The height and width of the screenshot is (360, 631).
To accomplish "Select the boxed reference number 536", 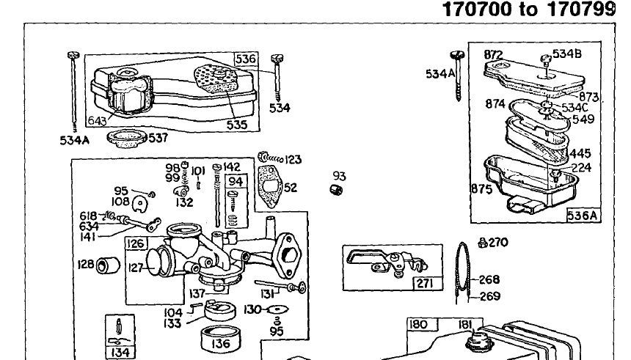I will [x=245, y=59].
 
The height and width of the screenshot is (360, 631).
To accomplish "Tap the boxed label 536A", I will [x=583, y=215].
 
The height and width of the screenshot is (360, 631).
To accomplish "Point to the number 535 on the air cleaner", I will [x=236, y=125].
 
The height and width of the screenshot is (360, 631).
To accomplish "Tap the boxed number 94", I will [x=236, y=181].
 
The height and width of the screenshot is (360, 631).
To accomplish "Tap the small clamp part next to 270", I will [x=482, y=243].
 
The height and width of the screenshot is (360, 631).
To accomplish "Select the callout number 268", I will [x=489, y=279].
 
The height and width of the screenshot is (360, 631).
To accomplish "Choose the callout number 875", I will [x=481, y=188].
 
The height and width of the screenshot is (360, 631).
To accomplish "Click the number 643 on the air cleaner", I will [x=97, y=120].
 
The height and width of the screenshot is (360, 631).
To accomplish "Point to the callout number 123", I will [x=293, y=159].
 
